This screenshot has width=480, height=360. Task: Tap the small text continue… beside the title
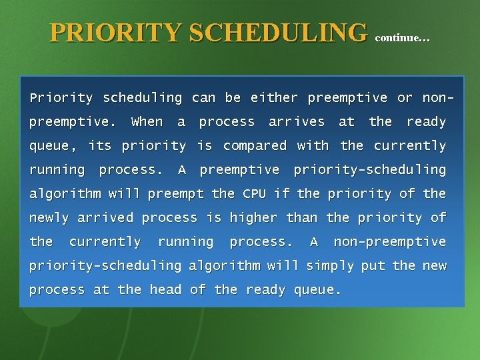pyautogui.click(x=403, y=38)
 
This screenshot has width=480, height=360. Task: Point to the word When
pyautogui.click(x=147, y=122)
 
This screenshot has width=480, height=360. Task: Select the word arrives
pyautogui.click(x=297, y=122)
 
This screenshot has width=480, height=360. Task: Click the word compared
pyautogui.click(x=255, y=146)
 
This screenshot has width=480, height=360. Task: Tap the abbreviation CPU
pyautogui.click(x=254, y=194)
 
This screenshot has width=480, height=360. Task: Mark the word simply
pyautogui.click(x=330, y=266)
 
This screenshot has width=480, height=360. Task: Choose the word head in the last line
pyautogui.click(x=165, y=290)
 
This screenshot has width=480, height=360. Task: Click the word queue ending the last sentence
pyautogui.click(x=317, y=290)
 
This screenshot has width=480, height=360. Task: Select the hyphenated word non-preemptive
pyautogui.click(x=389, y=242)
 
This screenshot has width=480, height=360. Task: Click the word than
pyautogui.click(x=302, y=218)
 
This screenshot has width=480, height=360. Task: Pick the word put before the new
pyautogui.click(x=373, y=266)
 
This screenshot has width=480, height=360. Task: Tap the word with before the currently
pyautogui.click(x=313, y=146)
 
